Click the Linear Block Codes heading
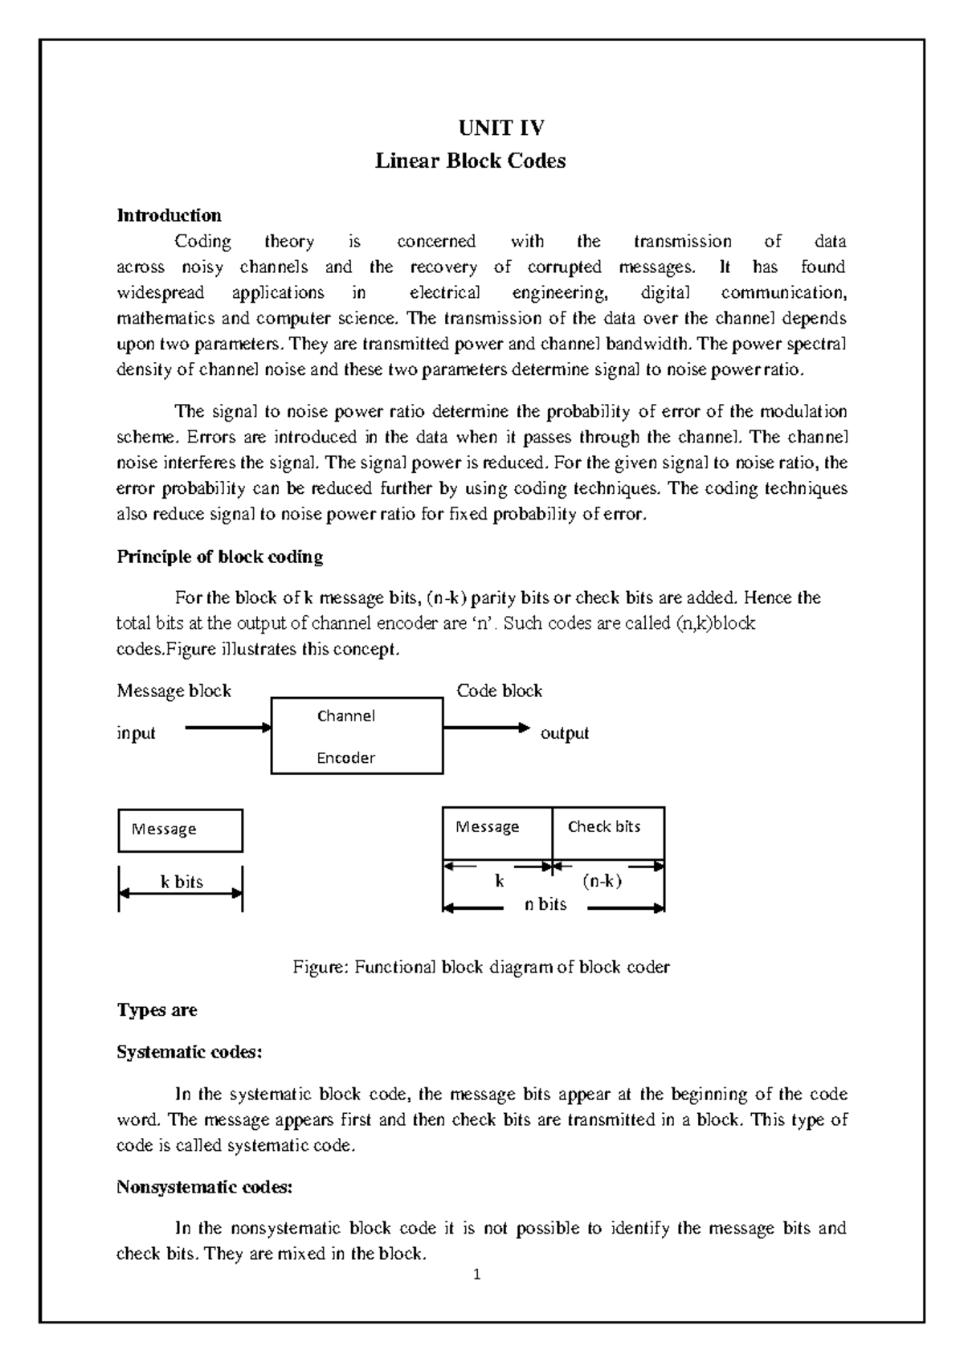[x=471, y=161]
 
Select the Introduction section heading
[x=169, y=215]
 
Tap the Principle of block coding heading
[x=219, y=557]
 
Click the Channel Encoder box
[x=357, y=736]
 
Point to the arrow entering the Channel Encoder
[x=228, y=728]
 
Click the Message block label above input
[x=174, y=691]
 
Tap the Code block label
[x=499, y=691]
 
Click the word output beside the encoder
[x=565, y=733]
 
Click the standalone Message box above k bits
[x=180, y=830]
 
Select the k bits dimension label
[x=182, y=882]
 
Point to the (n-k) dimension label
[x=602, y=881]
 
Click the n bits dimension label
[x=545, y=904]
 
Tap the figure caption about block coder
[x=480, y=967]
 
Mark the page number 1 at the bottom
[x=477, y=1274]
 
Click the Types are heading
[x=157, y=1010]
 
